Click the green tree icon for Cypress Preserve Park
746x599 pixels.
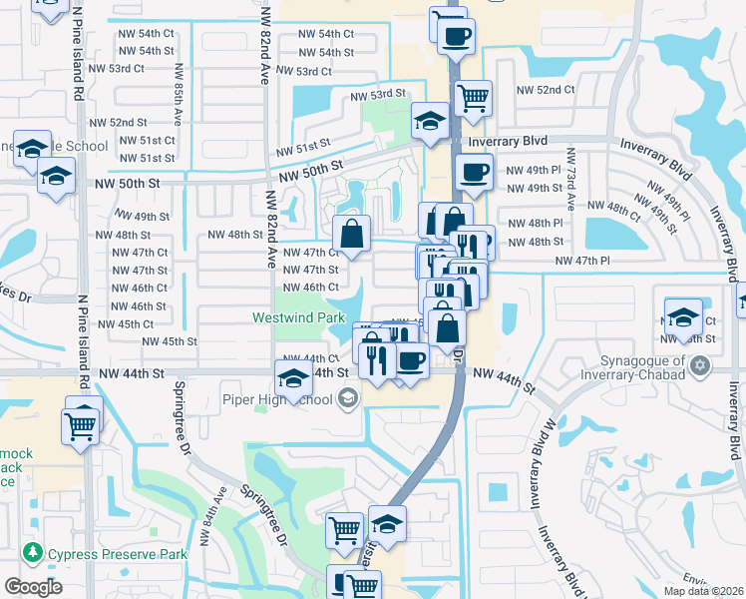[32, 552]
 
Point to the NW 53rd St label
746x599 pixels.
[378, 95]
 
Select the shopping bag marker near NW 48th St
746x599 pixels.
[351, 236]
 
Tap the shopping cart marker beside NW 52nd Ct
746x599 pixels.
[473, 99]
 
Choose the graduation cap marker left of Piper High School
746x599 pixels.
[293, 380]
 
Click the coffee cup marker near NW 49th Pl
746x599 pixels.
[473, 171]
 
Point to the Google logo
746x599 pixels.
[33, 587]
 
